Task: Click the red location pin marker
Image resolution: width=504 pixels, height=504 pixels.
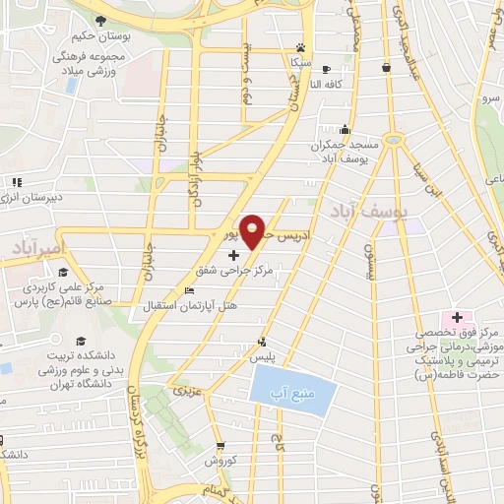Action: [x=255, y=230]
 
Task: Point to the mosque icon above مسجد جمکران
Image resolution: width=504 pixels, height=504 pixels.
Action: [x=344, y=128]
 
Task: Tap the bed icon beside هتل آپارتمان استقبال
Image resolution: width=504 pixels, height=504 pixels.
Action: [x=190, y=291]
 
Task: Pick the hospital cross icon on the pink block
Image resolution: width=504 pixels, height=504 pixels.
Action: [x=457, y=317]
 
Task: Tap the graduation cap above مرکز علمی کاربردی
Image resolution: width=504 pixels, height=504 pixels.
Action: [x=62, y=274]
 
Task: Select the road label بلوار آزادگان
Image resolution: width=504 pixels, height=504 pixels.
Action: [x=194, y=183]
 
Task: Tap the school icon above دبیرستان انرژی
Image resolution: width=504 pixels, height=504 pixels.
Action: [x=17, y=182]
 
